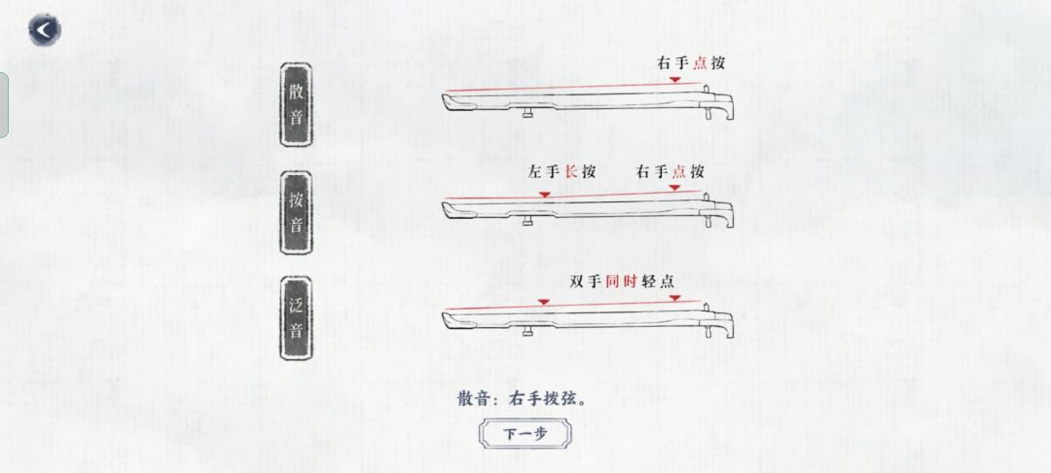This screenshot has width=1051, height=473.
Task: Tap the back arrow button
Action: click(44, 30)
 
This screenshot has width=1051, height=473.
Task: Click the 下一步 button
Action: click(525, 434)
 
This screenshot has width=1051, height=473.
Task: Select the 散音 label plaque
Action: click(296, 105)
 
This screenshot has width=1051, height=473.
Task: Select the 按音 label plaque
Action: click(296, 212)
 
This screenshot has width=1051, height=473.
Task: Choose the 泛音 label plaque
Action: click(296, 318)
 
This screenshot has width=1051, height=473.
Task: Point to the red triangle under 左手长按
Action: click(545, 195)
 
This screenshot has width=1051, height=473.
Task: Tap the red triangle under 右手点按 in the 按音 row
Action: click(674, 188)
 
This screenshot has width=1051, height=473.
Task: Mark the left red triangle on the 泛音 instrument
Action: click(544, 303)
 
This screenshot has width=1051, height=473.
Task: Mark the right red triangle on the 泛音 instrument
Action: click(675, 298)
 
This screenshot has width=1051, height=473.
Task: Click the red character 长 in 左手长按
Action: click(571, 172)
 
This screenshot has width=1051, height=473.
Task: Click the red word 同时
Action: click(621, 281)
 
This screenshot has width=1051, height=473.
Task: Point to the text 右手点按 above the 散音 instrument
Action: click(690, 63)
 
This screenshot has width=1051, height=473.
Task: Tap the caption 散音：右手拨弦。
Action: click(523, 399)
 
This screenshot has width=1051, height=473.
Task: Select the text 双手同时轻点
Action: click(622, 281)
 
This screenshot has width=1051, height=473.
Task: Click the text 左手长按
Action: click(562, 172)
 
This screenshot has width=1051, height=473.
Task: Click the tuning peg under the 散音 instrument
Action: click(528, 115)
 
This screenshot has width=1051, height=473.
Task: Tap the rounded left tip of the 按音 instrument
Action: click(447, 209)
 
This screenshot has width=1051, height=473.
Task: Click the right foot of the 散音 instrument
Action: click(707, 114)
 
